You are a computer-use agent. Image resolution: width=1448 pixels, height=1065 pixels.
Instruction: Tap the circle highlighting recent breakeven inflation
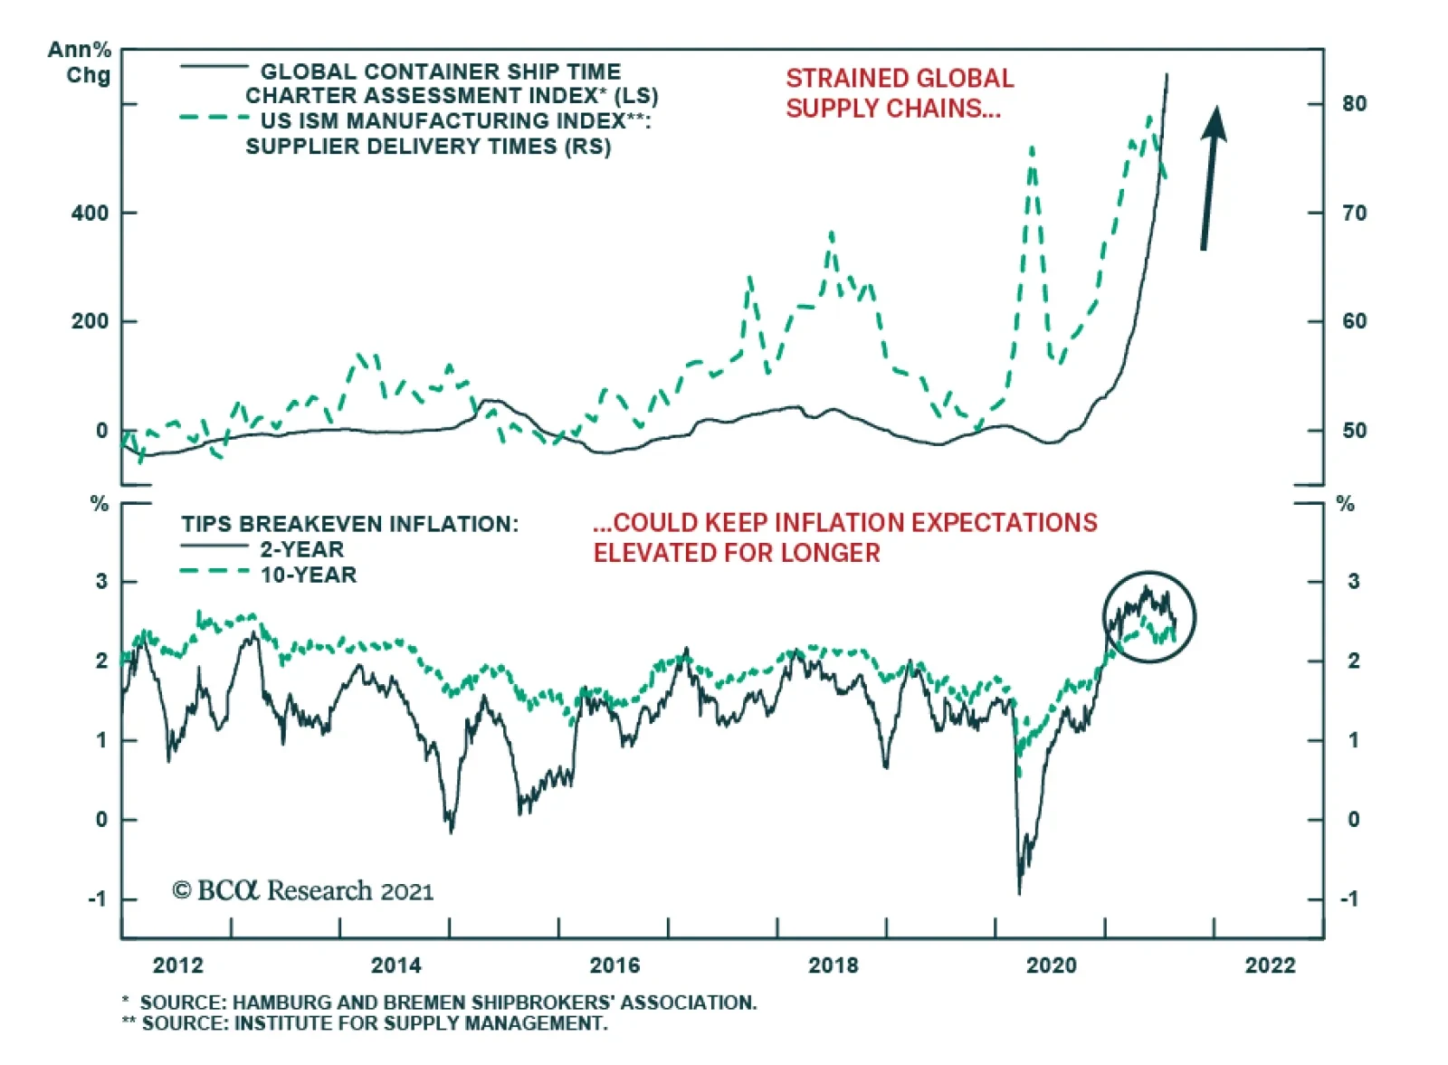coord(1149,617)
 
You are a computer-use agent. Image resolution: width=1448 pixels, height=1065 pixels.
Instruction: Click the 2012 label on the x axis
coord(178,965)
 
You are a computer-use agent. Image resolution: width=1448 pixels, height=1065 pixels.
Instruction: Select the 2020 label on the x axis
coord(1052,965)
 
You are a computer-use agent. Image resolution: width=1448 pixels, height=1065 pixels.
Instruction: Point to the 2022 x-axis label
coord(1271,965)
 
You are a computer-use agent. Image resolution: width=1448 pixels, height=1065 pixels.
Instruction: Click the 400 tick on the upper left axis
coord(90,214)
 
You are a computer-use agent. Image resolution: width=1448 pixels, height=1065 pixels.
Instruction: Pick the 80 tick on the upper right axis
coord(1354,104)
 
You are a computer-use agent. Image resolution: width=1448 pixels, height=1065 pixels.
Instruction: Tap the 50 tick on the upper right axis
coord(1354,431)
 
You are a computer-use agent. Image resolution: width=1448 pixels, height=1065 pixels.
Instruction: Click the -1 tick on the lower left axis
coord(97,899)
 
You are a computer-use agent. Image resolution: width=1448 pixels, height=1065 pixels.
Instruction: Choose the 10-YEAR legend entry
coord(308,575)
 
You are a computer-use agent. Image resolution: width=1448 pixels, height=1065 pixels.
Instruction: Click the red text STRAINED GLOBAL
coord(900,79)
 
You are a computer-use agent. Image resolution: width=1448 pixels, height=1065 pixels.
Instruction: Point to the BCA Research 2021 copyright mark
coord(303,891)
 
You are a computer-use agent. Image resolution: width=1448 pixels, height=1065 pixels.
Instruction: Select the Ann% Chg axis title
coord(80,62)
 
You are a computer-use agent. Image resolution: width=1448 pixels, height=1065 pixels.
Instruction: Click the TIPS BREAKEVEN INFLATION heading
coord(349,524)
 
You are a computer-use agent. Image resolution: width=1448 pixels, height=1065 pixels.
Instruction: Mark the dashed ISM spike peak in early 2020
coord(1032,147)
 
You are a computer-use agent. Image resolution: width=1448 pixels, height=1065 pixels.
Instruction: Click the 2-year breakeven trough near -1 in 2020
coord(1020,892)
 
